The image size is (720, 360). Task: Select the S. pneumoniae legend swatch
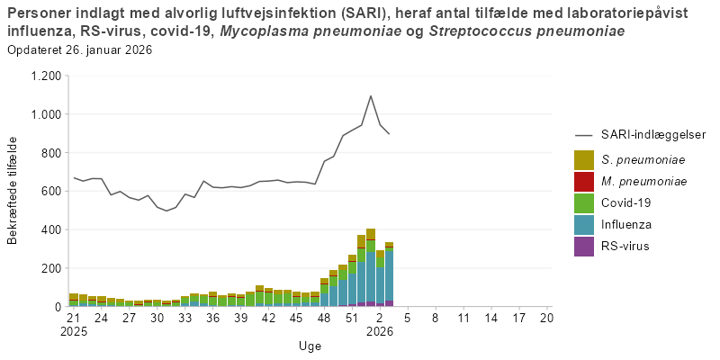pos(584,160)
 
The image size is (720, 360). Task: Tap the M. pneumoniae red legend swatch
pos(584,182)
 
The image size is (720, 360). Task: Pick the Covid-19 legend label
pos(626,203)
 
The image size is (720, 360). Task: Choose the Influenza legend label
pos(626,224)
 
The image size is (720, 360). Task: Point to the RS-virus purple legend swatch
pos(584,246)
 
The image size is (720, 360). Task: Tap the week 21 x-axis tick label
pos(73,317)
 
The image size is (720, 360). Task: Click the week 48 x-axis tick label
pos(324,317)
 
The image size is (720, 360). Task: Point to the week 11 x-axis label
pos(463,317)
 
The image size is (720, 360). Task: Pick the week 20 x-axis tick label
pos(546,317)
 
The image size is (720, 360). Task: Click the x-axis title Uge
pos(309,346)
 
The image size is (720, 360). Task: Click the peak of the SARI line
pos(370,95)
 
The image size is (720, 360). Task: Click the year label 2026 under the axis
pos(379,330)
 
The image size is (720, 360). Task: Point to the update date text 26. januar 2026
pos(107,49)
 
